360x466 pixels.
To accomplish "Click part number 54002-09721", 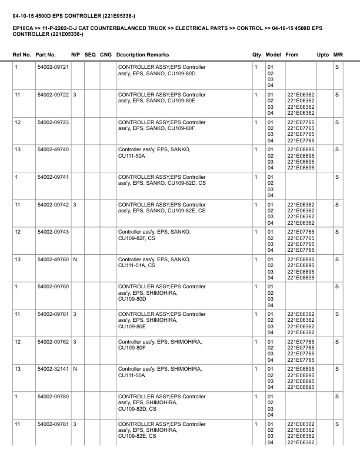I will click(x=53, y=67).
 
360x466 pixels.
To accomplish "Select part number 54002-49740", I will click(x=53, y=149).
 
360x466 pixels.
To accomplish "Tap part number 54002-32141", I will click(x=53, y=369).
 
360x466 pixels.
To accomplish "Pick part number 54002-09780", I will click(x=53, y=397).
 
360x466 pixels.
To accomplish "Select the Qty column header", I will click(x=256, y=54).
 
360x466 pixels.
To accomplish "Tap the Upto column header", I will click(x=323, y=54).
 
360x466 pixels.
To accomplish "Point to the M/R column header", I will click(x=338, y=54).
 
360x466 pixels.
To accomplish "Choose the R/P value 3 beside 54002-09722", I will click(x=75, y=95).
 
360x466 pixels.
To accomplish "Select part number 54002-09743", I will click(x=53, y=232).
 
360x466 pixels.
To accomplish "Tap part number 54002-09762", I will click(x=53, y=342).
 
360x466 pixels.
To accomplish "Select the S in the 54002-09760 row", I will click(x=337, y=287).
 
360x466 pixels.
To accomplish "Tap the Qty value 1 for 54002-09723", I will click(x=256, y=122).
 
